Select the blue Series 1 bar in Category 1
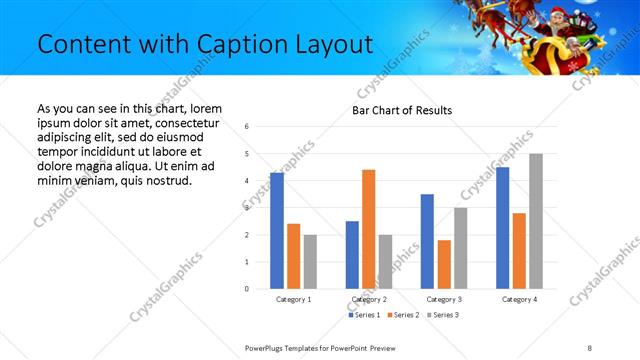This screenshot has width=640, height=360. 277,231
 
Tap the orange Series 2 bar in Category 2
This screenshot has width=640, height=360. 369,229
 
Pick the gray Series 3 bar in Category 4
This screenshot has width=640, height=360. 536,221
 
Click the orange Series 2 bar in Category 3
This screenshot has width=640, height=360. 444,264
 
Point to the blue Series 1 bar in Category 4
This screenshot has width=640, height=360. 503,228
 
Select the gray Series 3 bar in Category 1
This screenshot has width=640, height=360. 310,262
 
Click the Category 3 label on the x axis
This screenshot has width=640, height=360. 444,299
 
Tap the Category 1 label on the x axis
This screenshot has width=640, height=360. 294,299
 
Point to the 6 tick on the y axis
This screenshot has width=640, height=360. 247,127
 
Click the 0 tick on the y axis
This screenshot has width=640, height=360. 247,289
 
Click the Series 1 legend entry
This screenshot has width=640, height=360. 364,315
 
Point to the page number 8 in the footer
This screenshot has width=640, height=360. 589,347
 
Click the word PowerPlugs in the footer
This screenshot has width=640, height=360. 267,347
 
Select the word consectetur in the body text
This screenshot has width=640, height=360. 188,122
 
